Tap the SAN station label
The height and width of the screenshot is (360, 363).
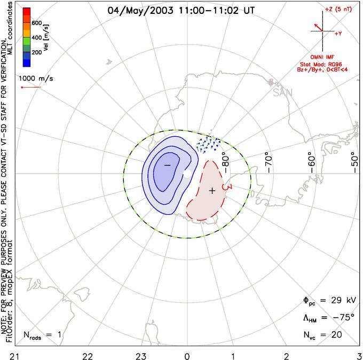pyautogui.click(x=282, y=92)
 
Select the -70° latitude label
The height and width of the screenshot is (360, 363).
pyautogui.click(x=268, y=159)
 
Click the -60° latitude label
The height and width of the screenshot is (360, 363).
pyautogui.click(x=311, y=159)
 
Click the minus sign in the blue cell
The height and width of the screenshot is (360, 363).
pyautogui.click(x=167, y=166)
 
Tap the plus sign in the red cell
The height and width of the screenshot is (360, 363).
pyautogui.click(x=212, y=190)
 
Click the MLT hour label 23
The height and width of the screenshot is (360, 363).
pyautogui.click(x=141, y=355)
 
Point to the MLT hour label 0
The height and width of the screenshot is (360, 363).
pyautogui.click(x=187, y=355)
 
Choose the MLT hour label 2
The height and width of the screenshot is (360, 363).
pyautogui.click(x=287, y=355)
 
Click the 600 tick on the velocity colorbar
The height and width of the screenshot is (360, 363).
pyautogui.click(x=36, y=22)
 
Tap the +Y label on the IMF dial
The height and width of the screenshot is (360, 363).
pyautogui.click(x=338, y=33)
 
